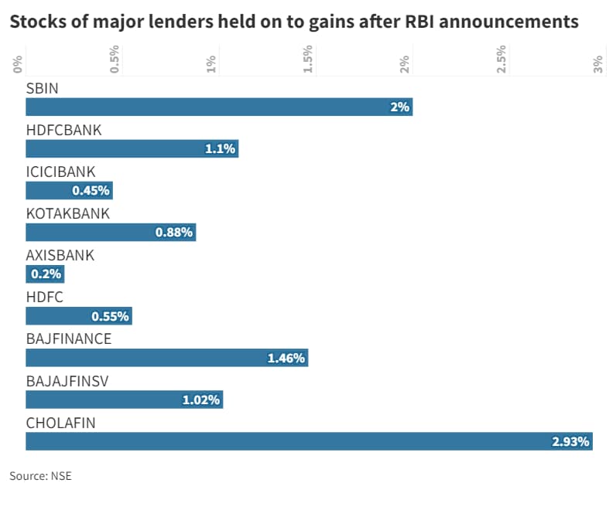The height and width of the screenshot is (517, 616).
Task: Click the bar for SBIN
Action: [x=219, y=107]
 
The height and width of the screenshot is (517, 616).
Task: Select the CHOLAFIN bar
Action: [x=309, y=441]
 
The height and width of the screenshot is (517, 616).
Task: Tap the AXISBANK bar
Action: [x=45, y=274]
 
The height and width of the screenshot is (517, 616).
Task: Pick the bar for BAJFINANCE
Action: [x=166, y=358]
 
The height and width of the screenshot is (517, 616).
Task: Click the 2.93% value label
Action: [x=570, y=442]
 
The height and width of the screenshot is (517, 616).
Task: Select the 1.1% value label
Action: [x=220, y=149]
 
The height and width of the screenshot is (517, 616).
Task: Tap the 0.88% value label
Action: [x=174, y=233]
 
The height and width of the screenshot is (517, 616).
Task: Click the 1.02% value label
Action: [x=201, y=400]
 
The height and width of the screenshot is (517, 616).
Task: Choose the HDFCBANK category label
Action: [x=64, y=130]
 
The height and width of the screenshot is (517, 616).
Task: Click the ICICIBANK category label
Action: [x=61, y=172]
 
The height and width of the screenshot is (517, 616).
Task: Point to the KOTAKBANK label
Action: [x=68, y=213]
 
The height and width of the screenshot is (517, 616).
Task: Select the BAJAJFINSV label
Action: [x=66, y=380]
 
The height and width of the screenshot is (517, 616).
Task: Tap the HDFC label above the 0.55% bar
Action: [x=45, y=297]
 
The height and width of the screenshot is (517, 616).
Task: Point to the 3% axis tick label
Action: [x=598, y=64]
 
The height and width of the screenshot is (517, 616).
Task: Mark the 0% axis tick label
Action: [x=18, y=64]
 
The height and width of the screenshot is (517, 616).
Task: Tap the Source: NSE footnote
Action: [x=40, y=476]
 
